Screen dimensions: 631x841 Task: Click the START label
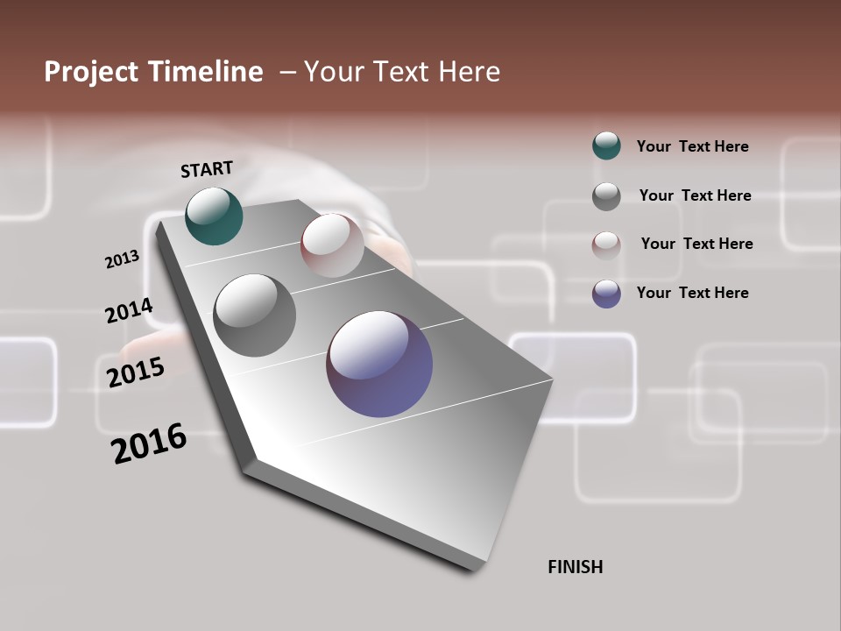pos(207,169)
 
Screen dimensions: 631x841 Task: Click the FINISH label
pos(575,567)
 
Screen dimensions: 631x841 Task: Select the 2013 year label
pos(123,259)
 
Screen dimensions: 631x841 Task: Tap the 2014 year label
pos(129,311)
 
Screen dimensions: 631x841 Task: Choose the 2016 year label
pos(149,443)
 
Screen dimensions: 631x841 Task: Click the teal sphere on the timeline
pos(214,216)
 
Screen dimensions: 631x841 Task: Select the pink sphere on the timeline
pos(332,245)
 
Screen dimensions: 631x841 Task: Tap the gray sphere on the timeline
pos(254,315)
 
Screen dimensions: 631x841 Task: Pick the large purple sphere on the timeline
pos(379,364)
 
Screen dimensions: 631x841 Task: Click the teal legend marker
pos(606,145)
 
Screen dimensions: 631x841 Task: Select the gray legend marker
pos(606,196)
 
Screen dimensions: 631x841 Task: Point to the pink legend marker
pos(606,245)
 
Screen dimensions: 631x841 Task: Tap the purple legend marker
pos(606,294)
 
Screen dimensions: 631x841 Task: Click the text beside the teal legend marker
pos(692,146)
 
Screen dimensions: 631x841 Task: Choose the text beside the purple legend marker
pos(692,293)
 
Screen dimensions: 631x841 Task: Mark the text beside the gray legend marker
pos(695,195)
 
